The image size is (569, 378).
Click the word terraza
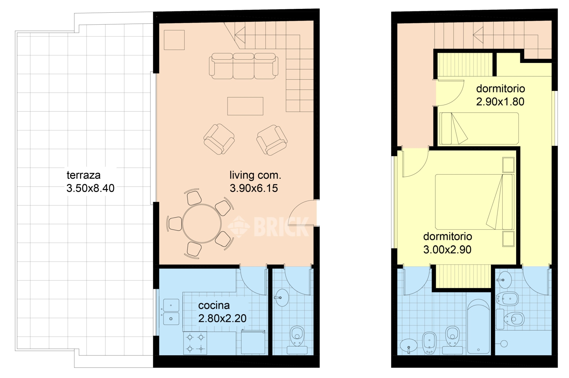coord(84,175)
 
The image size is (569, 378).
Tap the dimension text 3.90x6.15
coord(254,188)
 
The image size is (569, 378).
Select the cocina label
coord(214,305)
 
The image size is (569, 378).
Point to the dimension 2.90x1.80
coord(500,102)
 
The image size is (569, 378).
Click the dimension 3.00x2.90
coord(447,250)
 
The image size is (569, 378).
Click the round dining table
coord(202,224)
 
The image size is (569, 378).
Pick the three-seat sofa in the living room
coord(243,66)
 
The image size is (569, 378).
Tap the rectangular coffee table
coord(245,106)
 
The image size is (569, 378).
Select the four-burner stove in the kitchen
coord(195,343)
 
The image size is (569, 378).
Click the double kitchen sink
coord(171,312)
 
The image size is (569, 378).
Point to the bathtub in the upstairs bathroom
coord(479,326)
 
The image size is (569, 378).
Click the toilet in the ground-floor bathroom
coord(297,340)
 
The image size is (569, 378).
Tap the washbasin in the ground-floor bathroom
coord(282,297)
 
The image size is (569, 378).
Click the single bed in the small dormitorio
coord(479,128)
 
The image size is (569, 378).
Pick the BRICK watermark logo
coord(268,227)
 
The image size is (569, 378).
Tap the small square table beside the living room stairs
coord(174,40)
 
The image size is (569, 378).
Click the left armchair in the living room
coord(219,139)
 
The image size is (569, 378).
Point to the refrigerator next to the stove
coord(253,342)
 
